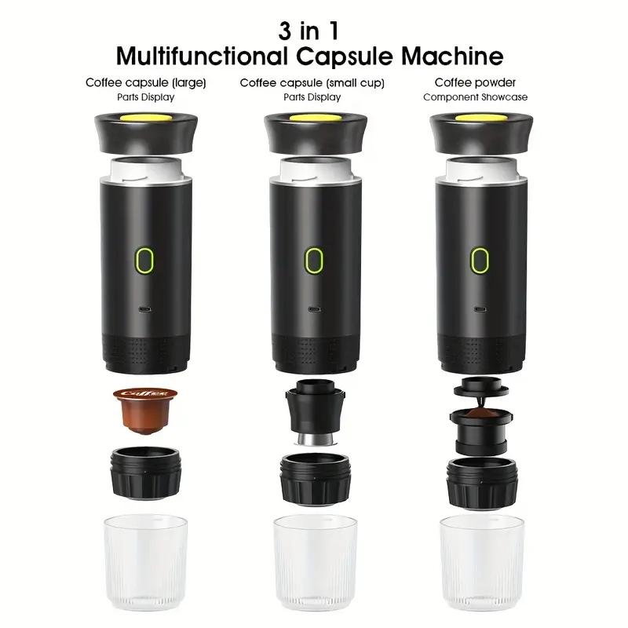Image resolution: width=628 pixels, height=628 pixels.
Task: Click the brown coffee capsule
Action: click(x=145, y=410)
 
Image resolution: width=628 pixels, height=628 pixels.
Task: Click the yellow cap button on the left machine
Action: click(x=145, y=118)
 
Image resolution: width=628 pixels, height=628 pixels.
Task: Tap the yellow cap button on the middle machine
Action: click(x=316, y=118)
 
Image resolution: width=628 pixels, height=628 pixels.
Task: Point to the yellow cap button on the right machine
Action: click(x=481, y=118)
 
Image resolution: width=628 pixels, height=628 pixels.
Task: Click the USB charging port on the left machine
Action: click(x=145, y=309)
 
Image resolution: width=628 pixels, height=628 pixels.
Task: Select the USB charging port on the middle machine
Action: click(x=315, y=309)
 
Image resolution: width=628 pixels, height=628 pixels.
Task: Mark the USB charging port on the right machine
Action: click(x=480, y=309)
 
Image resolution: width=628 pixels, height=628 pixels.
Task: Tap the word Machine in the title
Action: click(x=452, y=56)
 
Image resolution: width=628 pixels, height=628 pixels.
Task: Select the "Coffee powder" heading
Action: click(x=475, y=82)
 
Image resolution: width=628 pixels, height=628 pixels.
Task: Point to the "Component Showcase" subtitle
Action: click(x=476, y=97)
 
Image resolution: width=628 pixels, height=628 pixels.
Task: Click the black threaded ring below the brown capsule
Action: click(x=145, y=473)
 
